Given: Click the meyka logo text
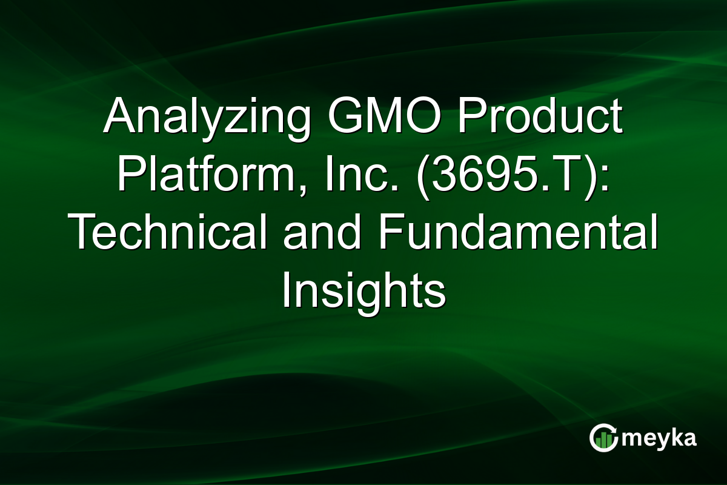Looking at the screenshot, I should pyautogui.click(x=659, y=438).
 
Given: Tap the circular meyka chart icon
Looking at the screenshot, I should pyautogui.click(x=603, y=438).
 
